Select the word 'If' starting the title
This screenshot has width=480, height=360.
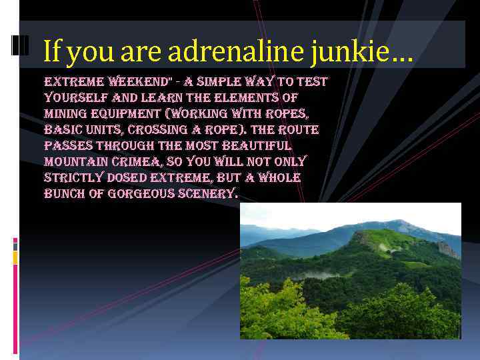(54, 51)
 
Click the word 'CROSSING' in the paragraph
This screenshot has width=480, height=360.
(159, 130)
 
